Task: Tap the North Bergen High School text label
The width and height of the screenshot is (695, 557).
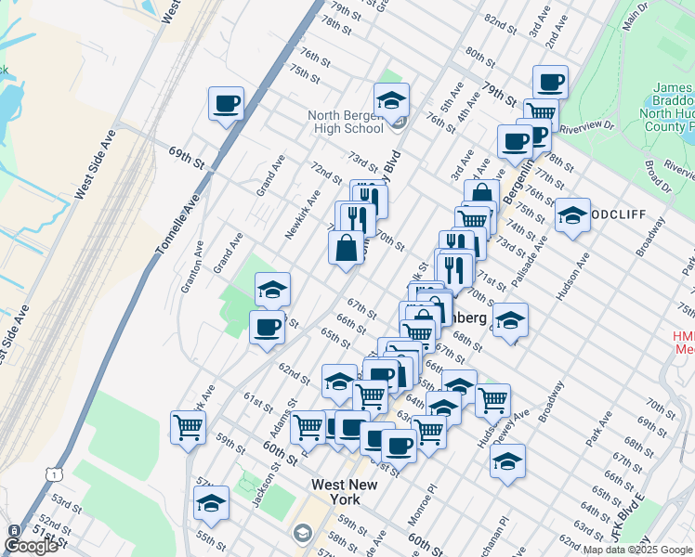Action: coord(346,122)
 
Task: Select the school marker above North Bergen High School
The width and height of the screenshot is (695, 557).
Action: coord(392,100)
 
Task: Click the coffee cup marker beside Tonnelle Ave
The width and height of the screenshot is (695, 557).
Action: coord(226,103)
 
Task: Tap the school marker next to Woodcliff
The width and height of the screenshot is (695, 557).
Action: coord(572,216)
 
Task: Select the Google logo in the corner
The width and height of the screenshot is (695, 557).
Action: coord(31,545)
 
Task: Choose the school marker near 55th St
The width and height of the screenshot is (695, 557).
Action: coord(212,502)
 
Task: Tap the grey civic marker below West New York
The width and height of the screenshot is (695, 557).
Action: coord(301,534)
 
